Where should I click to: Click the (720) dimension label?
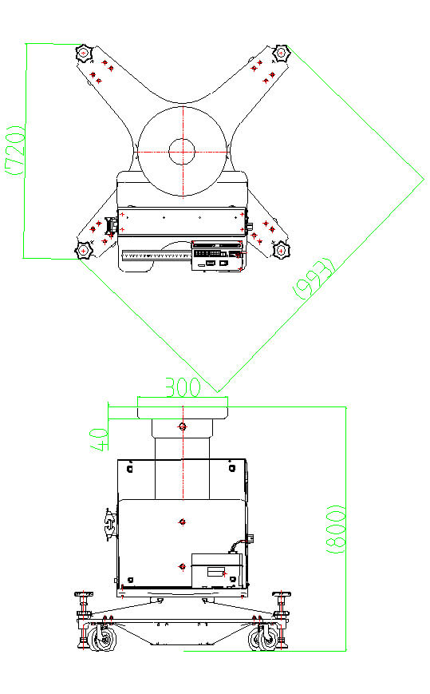15,150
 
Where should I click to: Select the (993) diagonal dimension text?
314,279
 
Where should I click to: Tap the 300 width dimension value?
183,387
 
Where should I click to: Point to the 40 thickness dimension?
100,439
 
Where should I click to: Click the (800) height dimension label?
336,529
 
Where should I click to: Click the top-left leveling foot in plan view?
84,54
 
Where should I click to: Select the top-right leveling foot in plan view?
281,54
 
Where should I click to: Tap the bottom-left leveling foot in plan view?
83,251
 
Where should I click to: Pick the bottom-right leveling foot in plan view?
281,251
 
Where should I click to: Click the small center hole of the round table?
182,152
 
